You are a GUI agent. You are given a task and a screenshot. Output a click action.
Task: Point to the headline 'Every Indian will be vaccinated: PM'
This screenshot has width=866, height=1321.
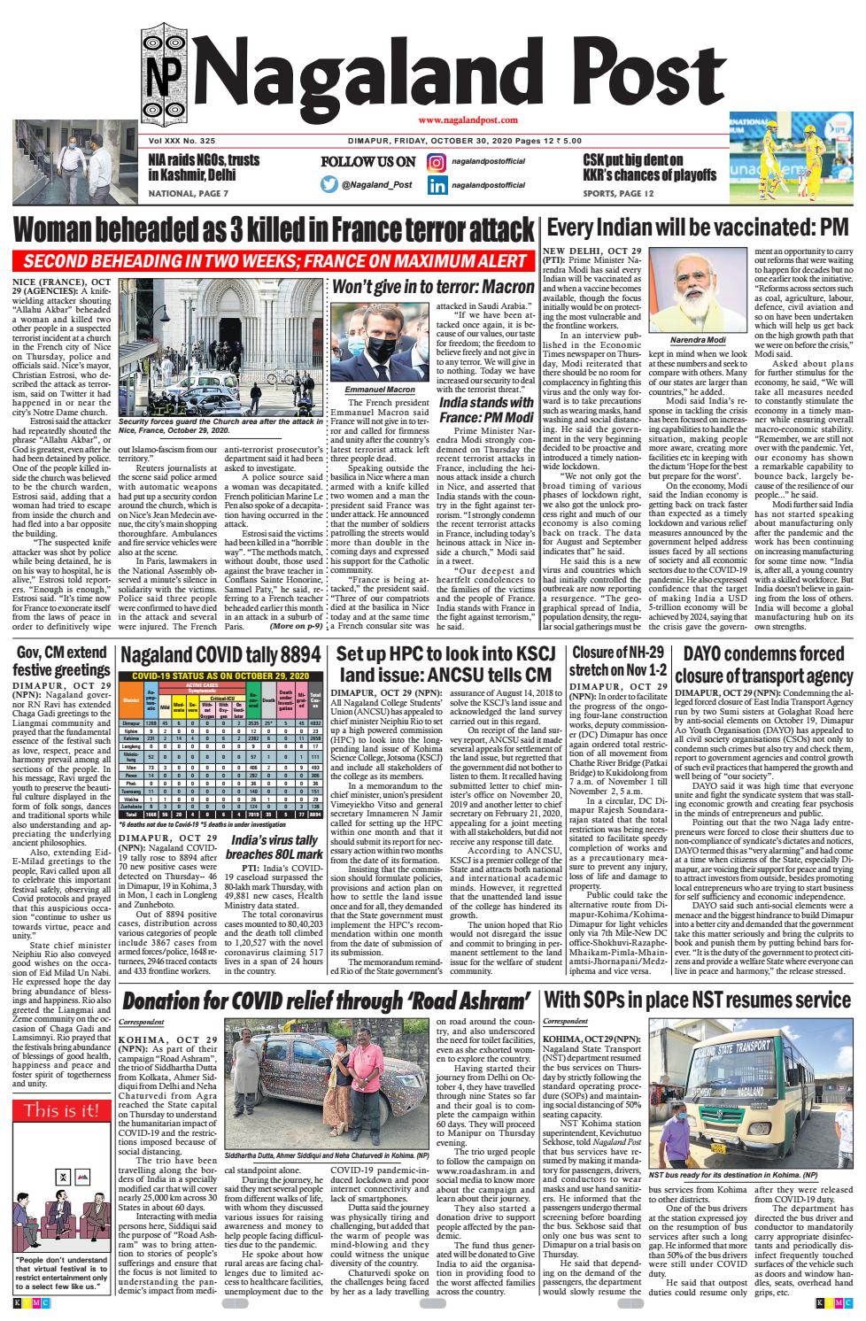(x=698, y=227)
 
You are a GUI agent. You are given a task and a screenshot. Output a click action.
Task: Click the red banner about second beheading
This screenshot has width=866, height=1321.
(x=275, y=262)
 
